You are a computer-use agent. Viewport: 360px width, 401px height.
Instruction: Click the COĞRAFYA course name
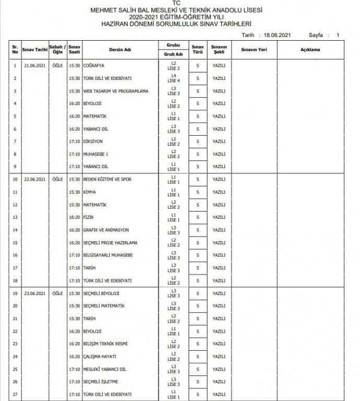pos(94,66)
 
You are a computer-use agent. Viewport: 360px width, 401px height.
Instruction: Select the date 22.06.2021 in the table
pos(35,179)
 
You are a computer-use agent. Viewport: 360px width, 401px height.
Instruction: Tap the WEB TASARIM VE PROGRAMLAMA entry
pos(115,91)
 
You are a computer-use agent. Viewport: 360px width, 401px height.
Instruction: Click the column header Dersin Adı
pos(120,50)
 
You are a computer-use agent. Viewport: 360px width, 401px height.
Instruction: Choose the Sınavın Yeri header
pos(253,50)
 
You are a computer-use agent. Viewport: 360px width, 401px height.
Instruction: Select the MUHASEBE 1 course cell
pos(96,154)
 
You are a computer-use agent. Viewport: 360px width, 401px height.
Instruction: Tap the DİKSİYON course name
pos(93,141)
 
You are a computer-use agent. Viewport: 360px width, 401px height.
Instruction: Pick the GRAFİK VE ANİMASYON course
pos(106,230)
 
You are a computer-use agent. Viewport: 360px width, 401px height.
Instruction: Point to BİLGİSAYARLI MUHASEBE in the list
pos(108,255)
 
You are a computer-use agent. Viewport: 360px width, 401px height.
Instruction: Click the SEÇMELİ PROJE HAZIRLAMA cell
pos(110,242)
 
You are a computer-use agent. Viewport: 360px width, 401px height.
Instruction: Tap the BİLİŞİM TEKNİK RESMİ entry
pos(105,344)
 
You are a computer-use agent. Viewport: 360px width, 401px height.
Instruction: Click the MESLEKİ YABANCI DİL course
pos(104,369)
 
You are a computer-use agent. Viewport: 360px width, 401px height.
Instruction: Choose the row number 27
pos(15,394)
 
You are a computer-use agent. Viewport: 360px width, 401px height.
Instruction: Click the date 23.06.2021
pos(35,293)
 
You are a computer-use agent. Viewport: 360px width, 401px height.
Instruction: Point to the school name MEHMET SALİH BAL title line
pos(177,10)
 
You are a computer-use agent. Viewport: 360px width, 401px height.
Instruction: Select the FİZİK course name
pos(88,217)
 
